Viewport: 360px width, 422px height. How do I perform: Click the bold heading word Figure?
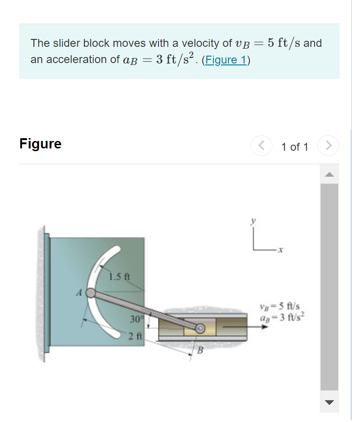[40, 144]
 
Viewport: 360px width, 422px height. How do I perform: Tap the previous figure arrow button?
[261, 146]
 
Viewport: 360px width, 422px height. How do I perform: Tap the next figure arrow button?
[328, 146]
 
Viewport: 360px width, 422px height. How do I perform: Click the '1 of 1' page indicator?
[294, 147]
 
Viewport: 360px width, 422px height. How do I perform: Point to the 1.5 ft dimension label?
[120, 278]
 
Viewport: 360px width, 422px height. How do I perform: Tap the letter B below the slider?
[201, 350]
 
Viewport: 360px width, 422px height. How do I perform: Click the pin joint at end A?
[91, 293]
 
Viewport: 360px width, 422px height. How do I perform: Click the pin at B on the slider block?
[200, 328]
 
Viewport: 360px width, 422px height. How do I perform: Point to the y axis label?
[253, 222]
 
